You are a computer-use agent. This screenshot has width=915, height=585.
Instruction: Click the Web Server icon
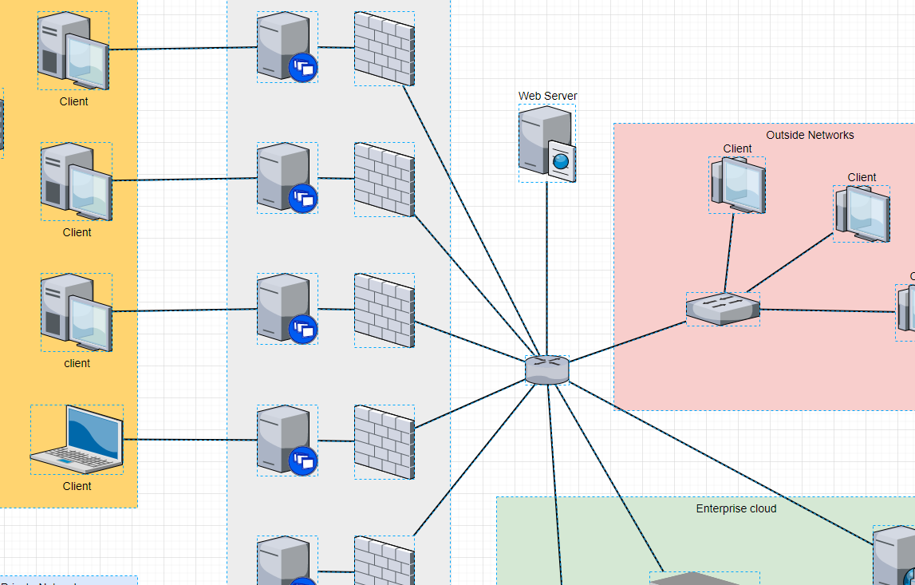tap(546, 144)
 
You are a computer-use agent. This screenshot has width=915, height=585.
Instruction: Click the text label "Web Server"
tap(547, 96)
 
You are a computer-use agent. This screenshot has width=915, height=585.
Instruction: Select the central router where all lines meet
tap(547, 370)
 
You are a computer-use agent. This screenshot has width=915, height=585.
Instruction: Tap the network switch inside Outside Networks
tap(723, 309)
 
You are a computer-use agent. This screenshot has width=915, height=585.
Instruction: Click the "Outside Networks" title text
tap(810, 135)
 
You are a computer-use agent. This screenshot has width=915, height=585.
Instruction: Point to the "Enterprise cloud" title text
tap(736, 508)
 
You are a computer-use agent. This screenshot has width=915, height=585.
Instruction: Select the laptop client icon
tap(77, 439)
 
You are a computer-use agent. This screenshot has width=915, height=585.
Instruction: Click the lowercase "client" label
tap(77, 363)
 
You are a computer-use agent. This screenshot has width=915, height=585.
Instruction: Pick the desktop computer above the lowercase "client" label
tap(77, 312)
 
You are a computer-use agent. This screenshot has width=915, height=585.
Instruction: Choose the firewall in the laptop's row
tap(384, 441)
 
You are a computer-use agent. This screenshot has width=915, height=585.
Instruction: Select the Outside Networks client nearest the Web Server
tap(737, 184)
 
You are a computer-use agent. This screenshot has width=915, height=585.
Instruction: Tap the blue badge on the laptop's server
tap(303, 460)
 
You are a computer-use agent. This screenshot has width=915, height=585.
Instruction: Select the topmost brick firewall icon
tap(384, 49)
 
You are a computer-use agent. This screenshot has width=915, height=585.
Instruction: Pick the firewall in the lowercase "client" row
tap(384, 310)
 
